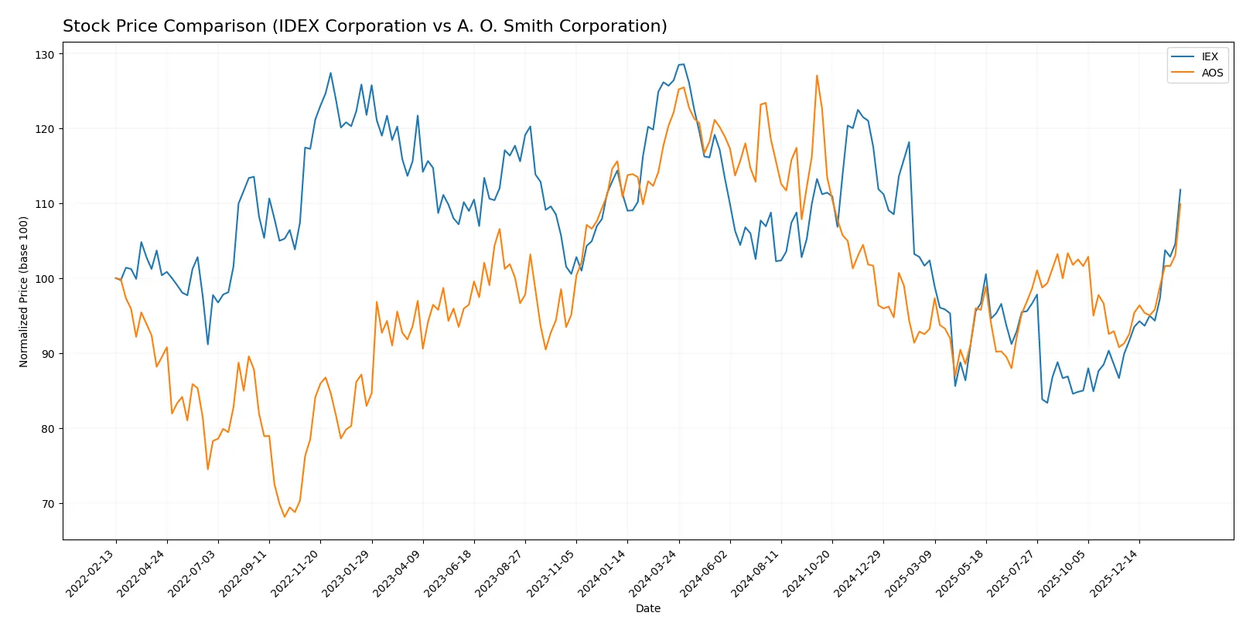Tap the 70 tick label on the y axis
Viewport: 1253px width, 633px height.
point(48,504)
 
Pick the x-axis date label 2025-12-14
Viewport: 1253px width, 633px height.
point(1115,573)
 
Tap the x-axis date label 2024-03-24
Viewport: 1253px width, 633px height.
point(654,573)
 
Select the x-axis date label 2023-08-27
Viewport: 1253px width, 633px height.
point(500,573)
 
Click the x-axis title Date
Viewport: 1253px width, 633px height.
point(647,608)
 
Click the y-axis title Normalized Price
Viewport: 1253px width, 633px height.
point(23,291)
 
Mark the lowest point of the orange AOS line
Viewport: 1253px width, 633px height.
point(285,516)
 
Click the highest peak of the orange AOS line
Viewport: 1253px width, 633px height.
point(817,76)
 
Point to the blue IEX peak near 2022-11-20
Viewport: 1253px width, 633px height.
point(330,73)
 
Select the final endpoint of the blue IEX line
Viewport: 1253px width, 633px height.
point(1180,189)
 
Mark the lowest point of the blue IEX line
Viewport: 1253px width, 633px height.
point(1047,403)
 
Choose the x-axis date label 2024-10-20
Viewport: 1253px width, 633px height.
point(807,573)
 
